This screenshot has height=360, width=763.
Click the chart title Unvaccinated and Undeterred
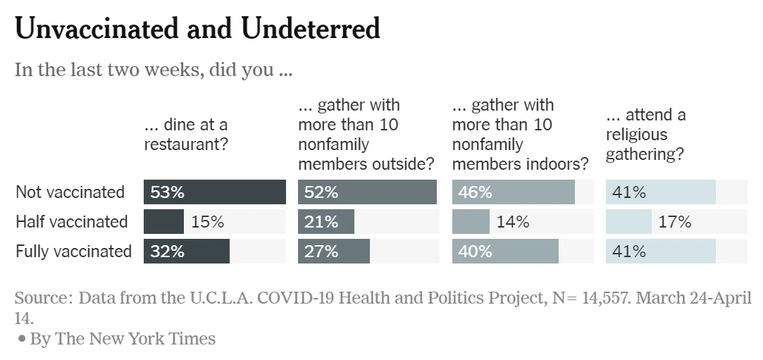pos(197,29)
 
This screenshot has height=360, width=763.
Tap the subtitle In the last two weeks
pos(153,70)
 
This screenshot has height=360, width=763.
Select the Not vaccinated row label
pos(70,192)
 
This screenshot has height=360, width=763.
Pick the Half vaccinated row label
pos(72,221)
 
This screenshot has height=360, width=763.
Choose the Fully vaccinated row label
pos(73,251)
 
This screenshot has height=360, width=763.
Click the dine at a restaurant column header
pos(187,135)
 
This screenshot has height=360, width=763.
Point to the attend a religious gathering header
pos(645,135)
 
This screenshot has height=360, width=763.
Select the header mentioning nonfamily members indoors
pos(520,135)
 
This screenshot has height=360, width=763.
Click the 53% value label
pos(167,192)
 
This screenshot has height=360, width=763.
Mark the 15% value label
pos(207,222)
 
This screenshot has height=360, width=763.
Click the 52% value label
pos(321,192)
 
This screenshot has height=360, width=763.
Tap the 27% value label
pos(321,252)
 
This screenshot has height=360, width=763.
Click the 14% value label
pos(513,222)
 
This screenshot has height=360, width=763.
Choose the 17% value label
pos(675,222)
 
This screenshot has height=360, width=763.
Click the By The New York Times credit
pos(122,339)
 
